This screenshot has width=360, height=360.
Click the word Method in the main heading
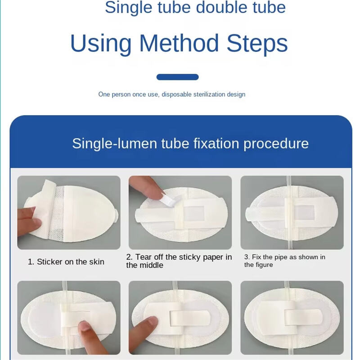pyautogui.click(x=179, y=43)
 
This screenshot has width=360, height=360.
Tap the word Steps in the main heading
pyautogui.click(x=257, y=43)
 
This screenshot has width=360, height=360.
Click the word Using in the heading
pyautogui.click(x=101, y=44)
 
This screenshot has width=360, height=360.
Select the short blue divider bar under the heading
pyautogui.click(x=177, y=77)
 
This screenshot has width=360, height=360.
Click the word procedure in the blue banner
pyautogui.click(x=276, y=144)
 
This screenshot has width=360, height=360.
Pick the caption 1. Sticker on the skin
pyautogui.click(x=66, y=262)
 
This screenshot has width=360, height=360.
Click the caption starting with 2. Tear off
pyautogui.click(x=179, y=261)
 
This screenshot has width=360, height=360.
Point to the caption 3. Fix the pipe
pyautogui.click(x=285, y=261)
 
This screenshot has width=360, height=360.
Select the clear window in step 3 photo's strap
pyautogui.click(x=304, y=212)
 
